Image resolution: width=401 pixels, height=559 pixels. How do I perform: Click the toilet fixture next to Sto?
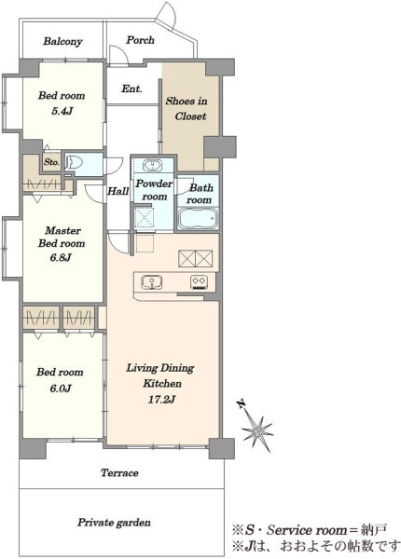(75, 163)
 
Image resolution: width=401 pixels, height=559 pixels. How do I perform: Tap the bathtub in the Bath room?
(198, 219)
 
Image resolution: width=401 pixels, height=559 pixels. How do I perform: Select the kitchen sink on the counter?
(152, 281)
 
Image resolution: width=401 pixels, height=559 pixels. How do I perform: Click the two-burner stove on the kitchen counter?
(199, 282)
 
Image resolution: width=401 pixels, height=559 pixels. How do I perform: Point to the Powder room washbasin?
(152, 166)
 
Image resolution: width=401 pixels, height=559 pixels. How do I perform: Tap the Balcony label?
(62, 41)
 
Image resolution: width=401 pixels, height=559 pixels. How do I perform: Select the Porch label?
(140, 40)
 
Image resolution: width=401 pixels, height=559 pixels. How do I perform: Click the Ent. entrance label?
(131, 89)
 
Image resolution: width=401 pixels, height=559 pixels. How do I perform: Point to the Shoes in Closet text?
(187, 109)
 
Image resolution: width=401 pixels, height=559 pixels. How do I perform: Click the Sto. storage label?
(51, 162)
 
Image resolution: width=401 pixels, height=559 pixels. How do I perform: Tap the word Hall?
(118, 191)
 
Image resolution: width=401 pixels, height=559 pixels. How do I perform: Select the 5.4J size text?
(62, 111)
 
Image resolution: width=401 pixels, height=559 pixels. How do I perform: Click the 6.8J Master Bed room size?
(61, 257)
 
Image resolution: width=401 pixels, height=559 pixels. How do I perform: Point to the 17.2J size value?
(161, 400)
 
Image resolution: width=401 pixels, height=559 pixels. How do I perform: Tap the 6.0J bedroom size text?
(61, 388)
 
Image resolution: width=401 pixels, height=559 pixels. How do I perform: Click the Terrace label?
(119, 473)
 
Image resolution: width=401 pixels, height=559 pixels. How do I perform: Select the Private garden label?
(114, 523)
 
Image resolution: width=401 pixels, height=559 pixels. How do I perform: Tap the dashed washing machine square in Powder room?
(145, 216)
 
